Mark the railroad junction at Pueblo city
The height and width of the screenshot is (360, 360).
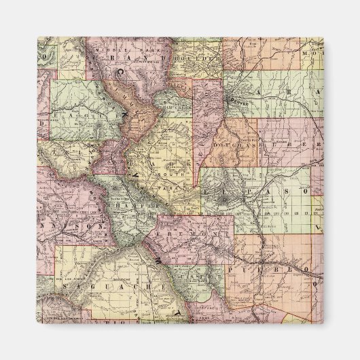pyautogui.click(x=268, y=259)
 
